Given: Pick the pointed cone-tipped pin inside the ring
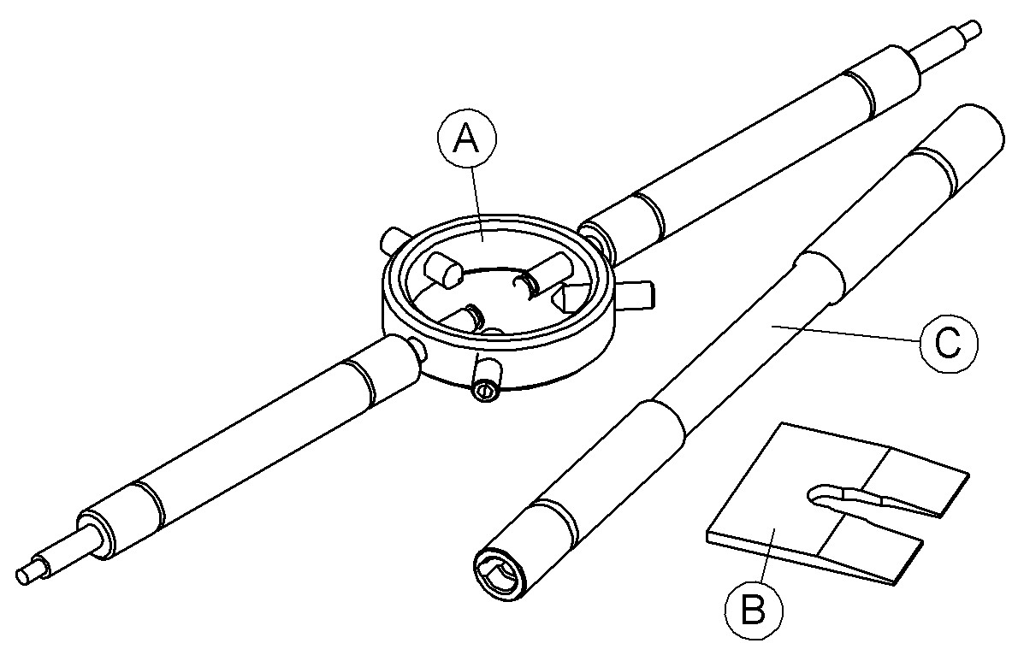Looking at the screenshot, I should pyautogui.click(x=568, y=296).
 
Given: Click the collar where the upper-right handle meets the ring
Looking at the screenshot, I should pyautogui.click(x=594, y=239).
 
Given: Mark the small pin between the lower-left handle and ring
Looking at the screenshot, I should pyautogui.click(x=418, y=345).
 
